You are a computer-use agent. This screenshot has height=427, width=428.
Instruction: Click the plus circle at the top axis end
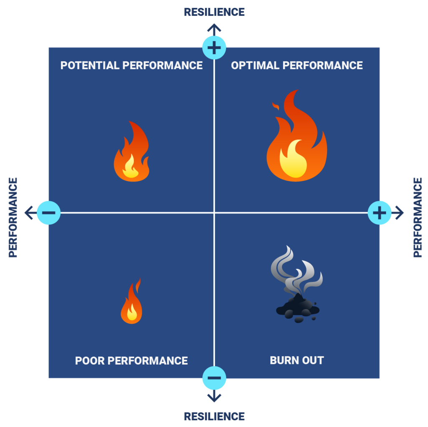214,47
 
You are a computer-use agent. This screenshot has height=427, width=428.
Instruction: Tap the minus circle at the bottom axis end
214,378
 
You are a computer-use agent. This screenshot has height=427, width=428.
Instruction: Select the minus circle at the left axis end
48,213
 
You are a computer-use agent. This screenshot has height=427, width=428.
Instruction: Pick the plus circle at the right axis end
380,213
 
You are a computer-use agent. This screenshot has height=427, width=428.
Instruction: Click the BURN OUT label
297,360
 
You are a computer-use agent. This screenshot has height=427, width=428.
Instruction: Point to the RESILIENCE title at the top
214,12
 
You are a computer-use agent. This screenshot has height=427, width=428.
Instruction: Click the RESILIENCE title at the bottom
214,416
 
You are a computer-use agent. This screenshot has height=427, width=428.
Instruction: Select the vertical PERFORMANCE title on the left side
13,217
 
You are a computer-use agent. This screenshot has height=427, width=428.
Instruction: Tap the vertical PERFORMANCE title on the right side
417,217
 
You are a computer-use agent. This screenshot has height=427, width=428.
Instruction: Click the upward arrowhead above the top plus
214,28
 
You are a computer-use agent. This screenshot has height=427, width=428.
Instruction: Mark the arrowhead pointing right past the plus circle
400,213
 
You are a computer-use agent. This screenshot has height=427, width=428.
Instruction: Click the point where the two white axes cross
214,213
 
